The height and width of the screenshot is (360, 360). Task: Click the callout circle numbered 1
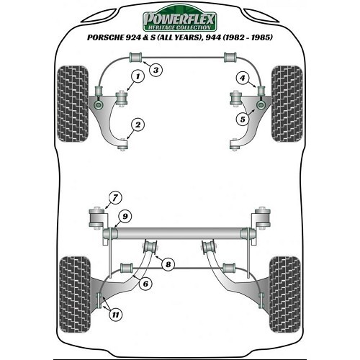(x=138, y=77)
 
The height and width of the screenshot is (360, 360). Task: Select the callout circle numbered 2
(x=138, y=125)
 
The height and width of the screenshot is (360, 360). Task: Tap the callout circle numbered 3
(x=156, y=70)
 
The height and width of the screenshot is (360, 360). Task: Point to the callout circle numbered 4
(x=243, y=78)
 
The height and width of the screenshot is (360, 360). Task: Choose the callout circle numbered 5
(x=243, y=119)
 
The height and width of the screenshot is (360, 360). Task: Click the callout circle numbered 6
(x=145, y=284)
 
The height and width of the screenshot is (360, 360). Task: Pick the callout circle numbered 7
(x=115, y=198)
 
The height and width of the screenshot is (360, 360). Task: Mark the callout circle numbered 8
(x=168, y=264)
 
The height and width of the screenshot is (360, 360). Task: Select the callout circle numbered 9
(x=125, y=217)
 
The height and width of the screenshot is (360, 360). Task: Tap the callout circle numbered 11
(x=115, y=315)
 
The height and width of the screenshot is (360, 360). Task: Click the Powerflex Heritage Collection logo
(x=180, y=19)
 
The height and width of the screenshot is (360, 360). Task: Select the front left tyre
(x=73, y=104)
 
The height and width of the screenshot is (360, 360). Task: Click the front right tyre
(x=287, y=104)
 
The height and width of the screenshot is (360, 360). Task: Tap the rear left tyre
(x=75, y=294)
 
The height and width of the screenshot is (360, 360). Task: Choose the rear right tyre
(x=285, y=294)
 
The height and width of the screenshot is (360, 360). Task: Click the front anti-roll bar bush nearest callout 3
(x=136, y=58)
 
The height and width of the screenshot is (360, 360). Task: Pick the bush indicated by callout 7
(x=96, y=218)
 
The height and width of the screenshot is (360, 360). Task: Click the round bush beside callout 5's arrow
(x=261, y=105)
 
